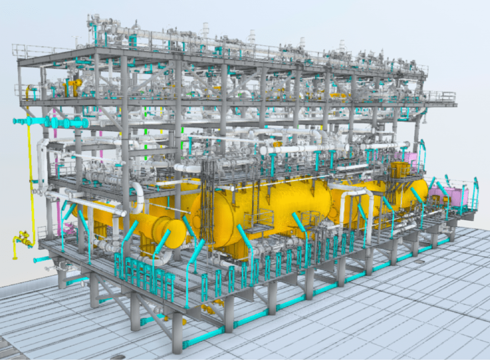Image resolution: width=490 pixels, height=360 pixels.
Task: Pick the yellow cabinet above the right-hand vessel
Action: point(399,170)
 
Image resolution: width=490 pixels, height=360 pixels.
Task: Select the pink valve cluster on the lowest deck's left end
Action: point(68,229)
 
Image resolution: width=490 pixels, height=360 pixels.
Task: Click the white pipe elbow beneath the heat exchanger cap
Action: point(161,259)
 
